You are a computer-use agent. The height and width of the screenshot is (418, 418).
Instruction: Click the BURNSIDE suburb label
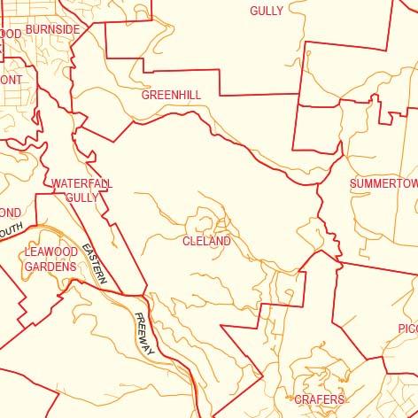pyautogui.click(x=52, y=29)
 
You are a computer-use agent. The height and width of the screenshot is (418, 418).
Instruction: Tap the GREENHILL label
pyautogui.click(x=171, y=94)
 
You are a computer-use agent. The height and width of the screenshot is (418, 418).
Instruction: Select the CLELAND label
pyautogui.click(x=206, y=241)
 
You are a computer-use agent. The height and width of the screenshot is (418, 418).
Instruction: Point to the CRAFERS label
pyautogui.click(x=319, y=400)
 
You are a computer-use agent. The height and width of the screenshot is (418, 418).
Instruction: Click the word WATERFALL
pyautogui.click(x=81, y=183)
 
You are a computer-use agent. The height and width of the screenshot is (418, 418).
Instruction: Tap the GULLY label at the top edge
pyautogui.click(x=267, y=12)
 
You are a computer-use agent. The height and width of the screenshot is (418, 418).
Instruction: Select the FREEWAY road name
pyautogui.click(x=145, y=334)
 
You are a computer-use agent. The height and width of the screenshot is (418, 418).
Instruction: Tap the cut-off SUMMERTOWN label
pyautogui.click(x=383, y=183)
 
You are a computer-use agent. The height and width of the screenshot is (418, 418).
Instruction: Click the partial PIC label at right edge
pyautogui.click(x=407, y=329)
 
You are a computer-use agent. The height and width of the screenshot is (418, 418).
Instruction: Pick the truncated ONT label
pyautogui.click(x=11, y=79)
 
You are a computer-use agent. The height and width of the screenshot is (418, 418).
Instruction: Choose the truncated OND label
pyautogui.click(x=10, y=213)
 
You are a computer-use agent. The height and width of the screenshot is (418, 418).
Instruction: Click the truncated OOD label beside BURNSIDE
pyautogui.click(x=10, y=34)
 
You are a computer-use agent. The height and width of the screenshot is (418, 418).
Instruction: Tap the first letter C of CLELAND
pyautogui.click(x=187, y=241)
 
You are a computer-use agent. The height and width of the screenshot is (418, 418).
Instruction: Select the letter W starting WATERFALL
pyautogui.click(x=56, y=183)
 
